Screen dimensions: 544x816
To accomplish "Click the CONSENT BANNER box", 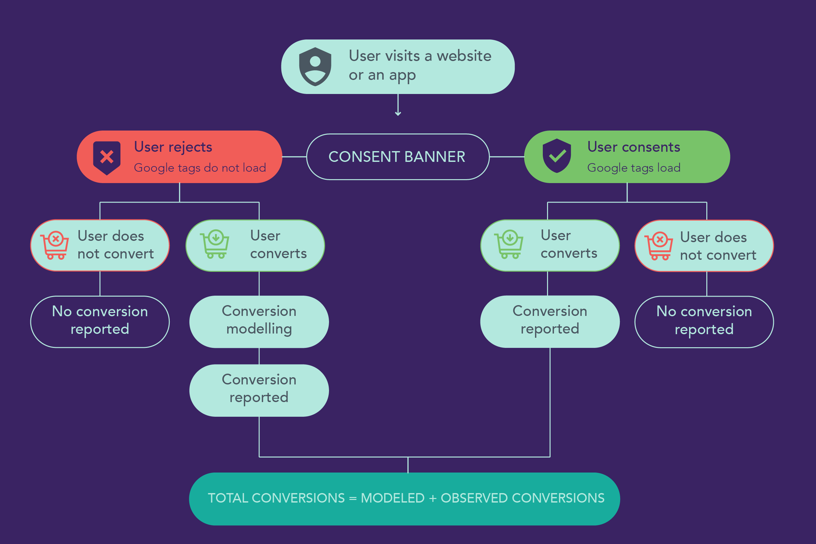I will click(398, 157).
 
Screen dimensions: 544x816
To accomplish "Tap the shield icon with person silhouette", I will click(315, 67).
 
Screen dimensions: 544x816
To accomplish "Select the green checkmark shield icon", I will click(557, 156).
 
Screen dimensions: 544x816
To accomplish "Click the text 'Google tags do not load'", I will click(200, 168).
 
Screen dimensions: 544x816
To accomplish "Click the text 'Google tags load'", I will click(634, 168).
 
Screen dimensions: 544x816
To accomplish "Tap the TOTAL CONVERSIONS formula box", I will click(404, 499).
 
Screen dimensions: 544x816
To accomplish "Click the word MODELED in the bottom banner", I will click(392, 498).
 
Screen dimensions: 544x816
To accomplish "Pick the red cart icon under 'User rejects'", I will click(55, 245).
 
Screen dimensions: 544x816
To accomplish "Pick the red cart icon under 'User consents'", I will click(659, 246).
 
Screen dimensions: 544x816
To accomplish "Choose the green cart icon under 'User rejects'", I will click(215, 244).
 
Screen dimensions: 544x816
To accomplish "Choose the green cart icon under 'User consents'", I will click(509, 244).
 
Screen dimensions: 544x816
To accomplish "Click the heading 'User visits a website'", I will click(420, 56).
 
